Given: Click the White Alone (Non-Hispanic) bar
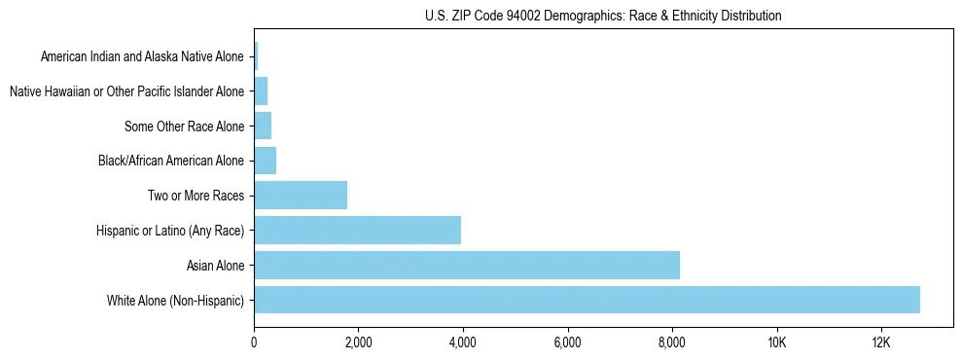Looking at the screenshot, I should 587,300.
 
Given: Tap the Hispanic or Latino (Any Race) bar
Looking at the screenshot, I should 357,230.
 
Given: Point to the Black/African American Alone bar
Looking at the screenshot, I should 265,161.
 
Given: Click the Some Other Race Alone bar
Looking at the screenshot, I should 263,126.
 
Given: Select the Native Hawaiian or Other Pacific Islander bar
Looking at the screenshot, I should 261,91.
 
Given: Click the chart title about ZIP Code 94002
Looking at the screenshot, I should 603,16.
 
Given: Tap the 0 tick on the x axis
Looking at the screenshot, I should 254,342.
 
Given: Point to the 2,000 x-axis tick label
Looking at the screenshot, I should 358,342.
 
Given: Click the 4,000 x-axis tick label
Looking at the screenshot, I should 463,342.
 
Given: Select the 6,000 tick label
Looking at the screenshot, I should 567,342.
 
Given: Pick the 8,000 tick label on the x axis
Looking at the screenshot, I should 672,342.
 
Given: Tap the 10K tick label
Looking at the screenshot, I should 776,342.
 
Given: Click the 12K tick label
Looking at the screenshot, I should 880,342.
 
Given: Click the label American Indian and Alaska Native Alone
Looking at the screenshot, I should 142,56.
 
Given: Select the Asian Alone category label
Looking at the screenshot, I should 216,265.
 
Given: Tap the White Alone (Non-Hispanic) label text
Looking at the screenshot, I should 176,300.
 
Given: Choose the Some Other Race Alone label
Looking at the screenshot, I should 185,126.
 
